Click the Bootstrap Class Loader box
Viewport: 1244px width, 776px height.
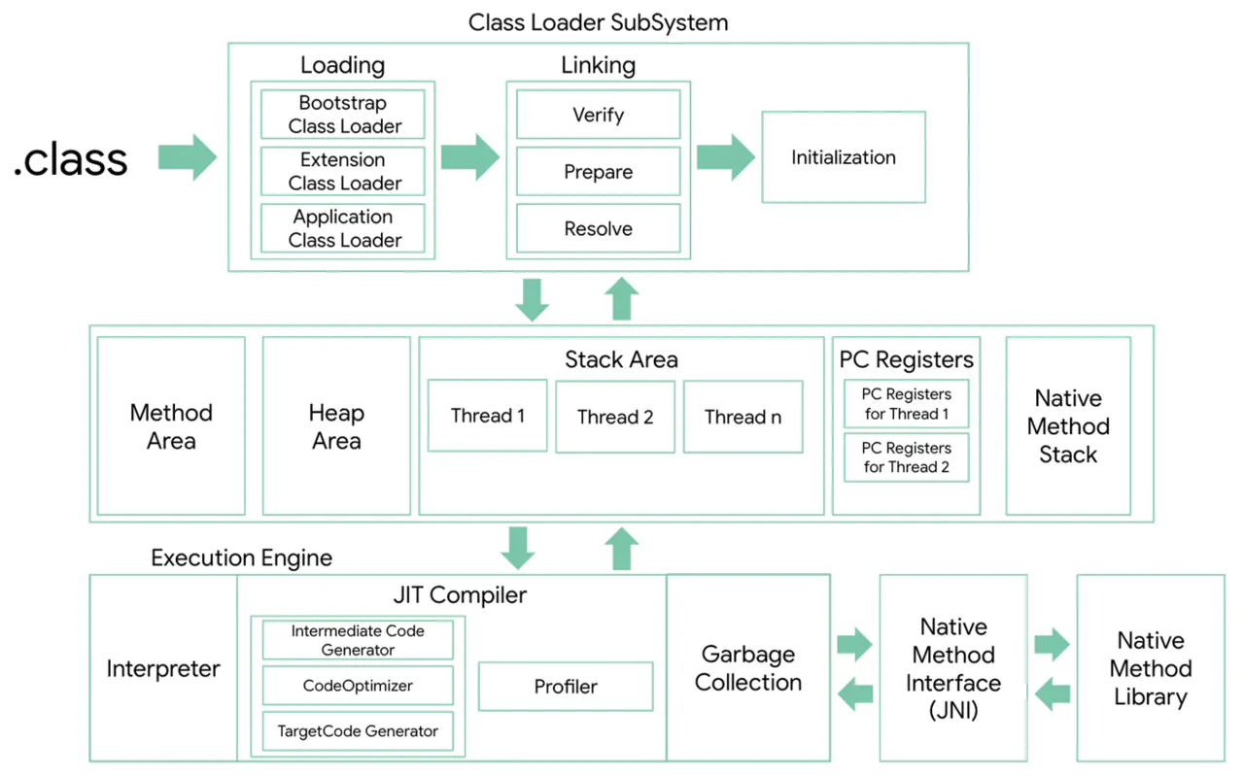[x=343, y=115]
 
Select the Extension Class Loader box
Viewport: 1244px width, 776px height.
[x=343, y=172]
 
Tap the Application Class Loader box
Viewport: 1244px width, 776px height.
[x=343, y=228]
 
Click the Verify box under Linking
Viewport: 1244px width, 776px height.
[x=598, y=115]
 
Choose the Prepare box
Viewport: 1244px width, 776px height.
[x=598, y=172]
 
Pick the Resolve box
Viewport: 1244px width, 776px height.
[x=598, y=229]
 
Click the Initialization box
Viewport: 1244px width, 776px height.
[x=843, y=157]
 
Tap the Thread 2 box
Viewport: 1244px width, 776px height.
[x=615, y=417]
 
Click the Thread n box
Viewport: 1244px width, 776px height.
[x=743, y=417]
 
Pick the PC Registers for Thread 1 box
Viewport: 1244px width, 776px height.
[x=907, y=404]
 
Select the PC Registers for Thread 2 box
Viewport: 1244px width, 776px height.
[x=907, y=457]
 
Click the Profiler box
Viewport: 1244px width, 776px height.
[x=566, y=687]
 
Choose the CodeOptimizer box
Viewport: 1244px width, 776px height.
[x=358, y=686]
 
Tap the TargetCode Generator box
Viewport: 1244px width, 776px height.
[x=358, y=731]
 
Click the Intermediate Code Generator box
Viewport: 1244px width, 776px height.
[x=358, y=640]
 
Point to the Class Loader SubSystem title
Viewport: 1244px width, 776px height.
[x=598, y=22]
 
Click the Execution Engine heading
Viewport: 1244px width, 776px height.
[x=241, y=558]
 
